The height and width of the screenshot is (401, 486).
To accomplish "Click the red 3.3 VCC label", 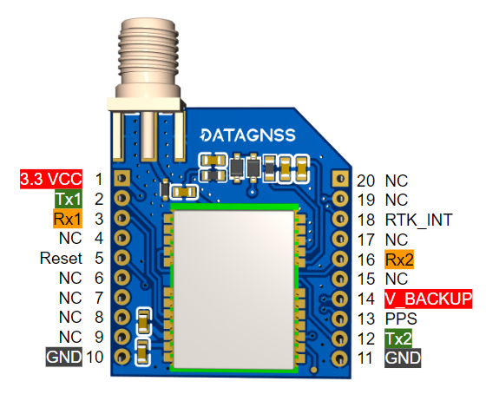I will pyautogui.click(x=51, y=180).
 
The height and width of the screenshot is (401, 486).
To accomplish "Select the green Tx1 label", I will pyautogui.click(x=67, y=199).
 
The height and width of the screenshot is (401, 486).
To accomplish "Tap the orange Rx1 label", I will pyautogui.click(x=67, y=219).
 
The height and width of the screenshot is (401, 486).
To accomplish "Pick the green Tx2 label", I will pyautogui.click(x=398, y=338).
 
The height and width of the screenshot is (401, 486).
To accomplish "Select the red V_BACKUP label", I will pyautogui.click(x=428, y=299).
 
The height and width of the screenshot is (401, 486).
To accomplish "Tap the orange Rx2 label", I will pyautogui.click(x=399, y=259).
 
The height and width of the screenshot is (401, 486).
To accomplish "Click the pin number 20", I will pyautogui.click(x=365, y=181).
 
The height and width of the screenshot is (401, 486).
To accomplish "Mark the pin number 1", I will pyautogui.click(x=99, y=180).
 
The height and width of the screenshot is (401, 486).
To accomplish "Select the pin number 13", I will pyautogui.click(x=365, y=319).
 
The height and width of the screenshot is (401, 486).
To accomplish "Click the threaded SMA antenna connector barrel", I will pyautogui.click(x=148, y=52).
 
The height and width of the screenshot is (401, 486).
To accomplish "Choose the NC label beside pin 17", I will pyautogui.click(x=396, y=239).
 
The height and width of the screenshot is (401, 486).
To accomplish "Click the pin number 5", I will pyautogui.click(x=99, y=259).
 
